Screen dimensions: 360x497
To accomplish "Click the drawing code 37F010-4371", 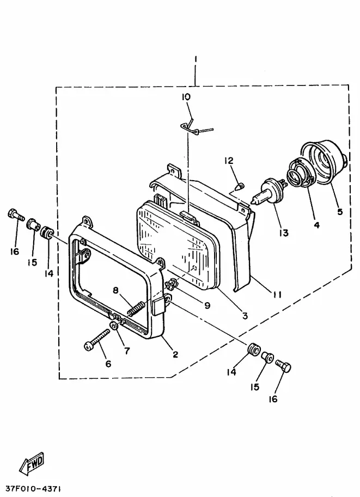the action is [x=34, y=488].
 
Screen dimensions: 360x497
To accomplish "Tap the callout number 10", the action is [x=186, y=97].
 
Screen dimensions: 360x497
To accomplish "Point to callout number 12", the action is [x=228, y=161].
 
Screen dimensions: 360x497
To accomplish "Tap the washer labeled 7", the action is [x=113, y=326].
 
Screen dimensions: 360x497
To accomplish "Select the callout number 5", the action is [x=340, y=211].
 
